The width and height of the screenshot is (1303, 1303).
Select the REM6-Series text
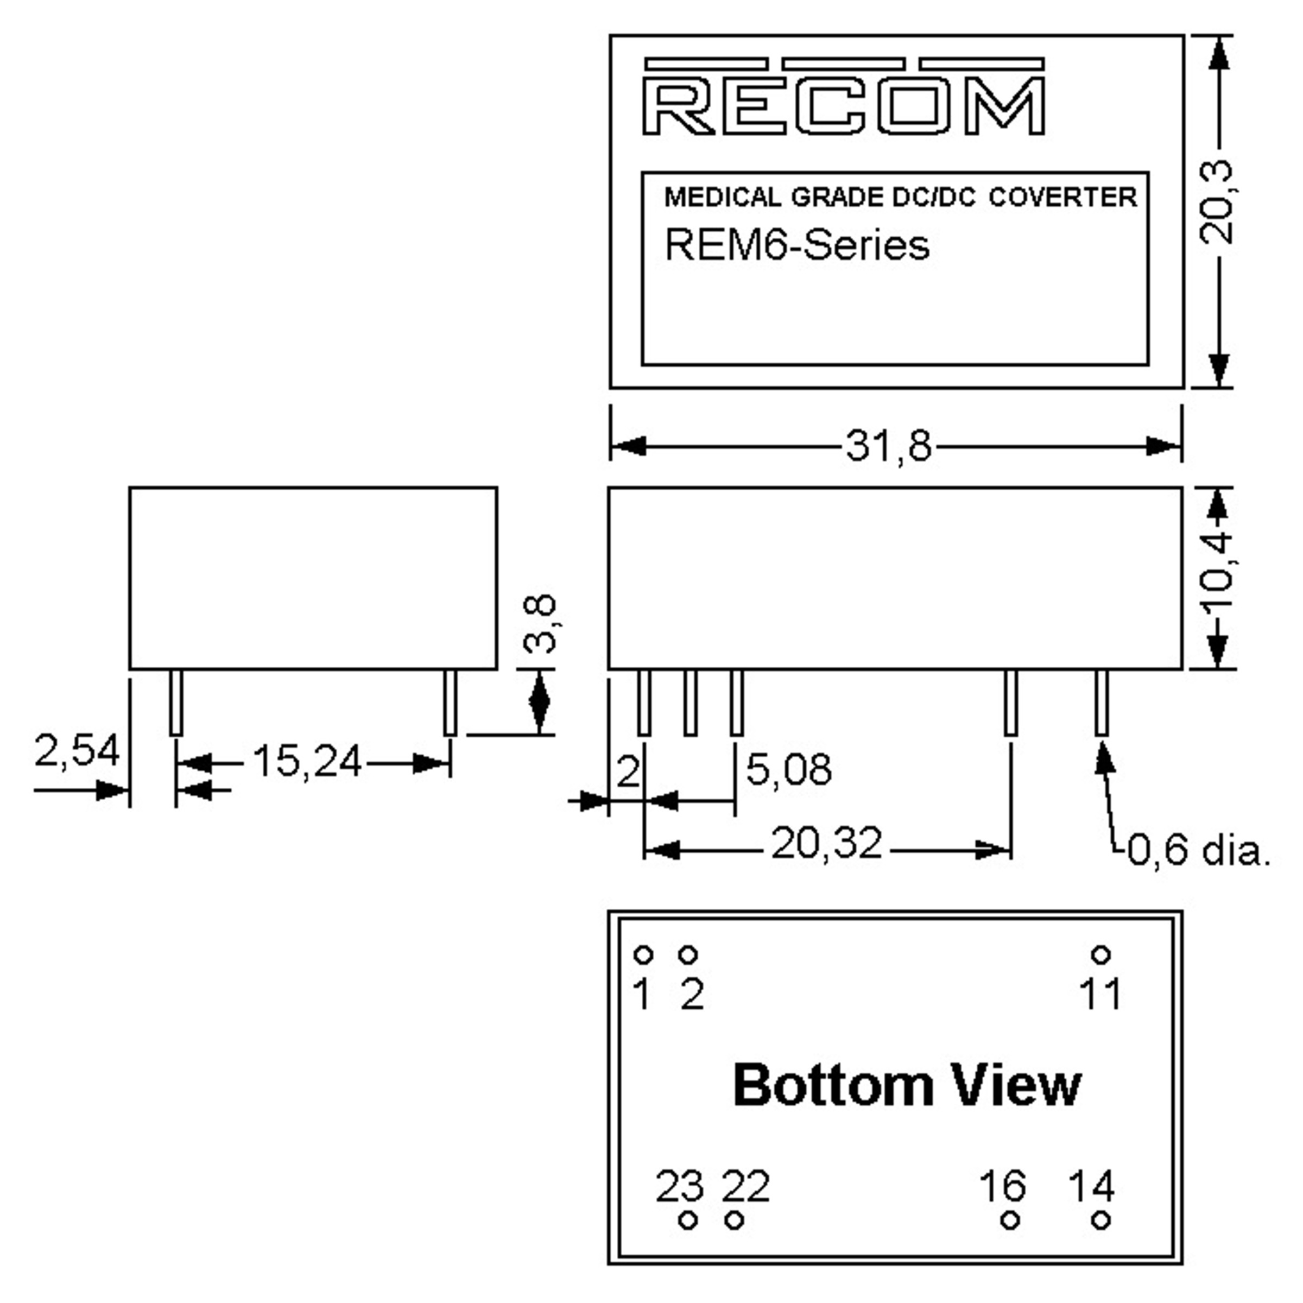point(796,245)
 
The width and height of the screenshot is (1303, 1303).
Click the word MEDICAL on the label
point(722,197)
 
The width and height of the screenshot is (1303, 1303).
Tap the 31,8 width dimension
point(888,446)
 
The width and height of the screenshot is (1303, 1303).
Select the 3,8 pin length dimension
point(540,624)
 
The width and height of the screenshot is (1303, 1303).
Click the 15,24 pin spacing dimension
point(307,762)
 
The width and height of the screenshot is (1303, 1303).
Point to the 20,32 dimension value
point(826,843)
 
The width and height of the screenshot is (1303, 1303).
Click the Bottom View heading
point(907,1085)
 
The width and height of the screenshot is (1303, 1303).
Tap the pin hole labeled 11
point(1100,955)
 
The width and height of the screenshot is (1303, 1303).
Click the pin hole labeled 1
point(643,955)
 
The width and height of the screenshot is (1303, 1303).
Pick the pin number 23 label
point(679,1186)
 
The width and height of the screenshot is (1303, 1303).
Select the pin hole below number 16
point(1010,1220)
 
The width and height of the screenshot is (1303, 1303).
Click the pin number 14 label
point(1091,1186)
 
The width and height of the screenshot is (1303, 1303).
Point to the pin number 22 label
point(745,1186)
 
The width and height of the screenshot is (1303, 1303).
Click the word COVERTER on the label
point(1063,197)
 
